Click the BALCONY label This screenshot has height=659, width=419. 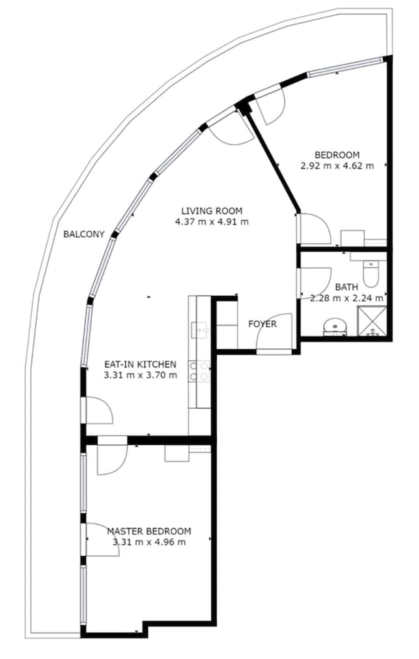click(84, 234)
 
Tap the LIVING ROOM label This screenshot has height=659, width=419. click(212, 211)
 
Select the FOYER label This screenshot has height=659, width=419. click(262, 324)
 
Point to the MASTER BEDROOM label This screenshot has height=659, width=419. click(149, 530)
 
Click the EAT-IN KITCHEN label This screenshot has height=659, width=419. click(140, 364)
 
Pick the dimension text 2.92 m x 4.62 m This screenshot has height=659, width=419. click(337, 165)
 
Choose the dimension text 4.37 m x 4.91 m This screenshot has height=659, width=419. click(212, 221)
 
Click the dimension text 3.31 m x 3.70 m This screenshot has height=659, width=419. click(140, 375)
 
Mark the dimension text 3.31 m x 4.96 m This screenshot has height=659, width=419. click(149, 542)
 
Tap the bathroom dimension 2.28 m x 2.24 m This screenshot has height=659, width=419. click(347, 298)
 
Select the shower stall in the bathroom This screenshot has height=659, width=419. click(372, 321)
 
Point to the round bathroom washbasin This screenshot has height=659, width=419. click(335, 327)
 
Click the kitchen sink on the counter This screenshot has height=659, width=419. click(199, 330)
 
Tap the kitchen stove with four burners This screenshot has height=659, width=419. click(199, 372)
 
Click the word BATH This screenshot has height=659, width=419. click(347, 287)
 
